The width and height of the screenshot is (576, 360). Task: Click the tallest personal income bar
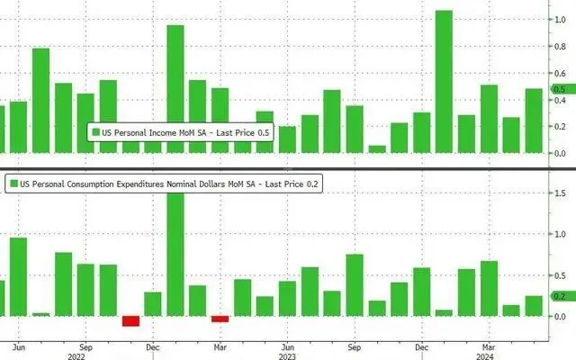(444, 81)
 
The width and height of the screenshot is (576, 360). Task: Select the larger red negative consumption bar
(130, 321)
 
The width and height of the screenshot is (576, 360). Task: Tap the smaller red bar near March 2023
(220, 319)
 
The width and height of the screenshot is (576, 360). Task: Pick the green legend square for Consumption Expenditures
(14, 184)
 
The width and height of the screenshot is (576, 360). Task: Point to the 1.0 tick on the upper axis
(559, 18)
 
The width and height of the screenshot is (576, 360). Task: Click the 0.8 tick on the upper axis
(559, 45)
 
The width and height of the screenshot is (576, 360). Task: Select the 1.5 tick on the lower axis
(559, 193)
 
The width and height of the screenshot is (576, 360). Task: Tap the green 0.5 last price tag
(559, 89)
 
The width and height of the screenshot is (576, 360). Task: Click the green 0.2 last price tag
(559, 296)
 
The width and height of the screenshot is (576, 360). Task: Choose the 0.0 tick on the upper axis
(559, 154)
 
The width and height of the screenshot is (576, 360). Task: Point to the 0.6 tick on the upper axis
(559, 72)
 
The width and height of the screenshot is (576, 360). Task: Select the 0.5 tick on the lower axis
(559, 275)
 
